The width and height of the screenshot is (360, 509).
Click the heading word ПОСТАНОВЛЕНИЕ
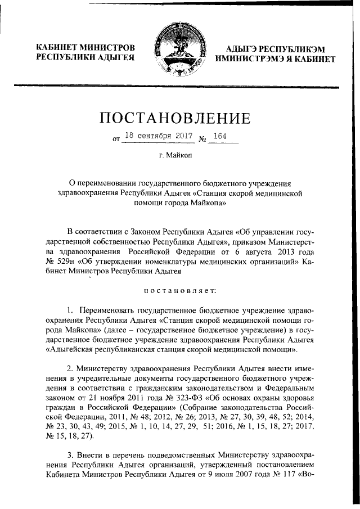click(174, 119)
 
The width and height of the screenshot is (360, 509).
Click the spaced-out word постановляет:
click(175, 290)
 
